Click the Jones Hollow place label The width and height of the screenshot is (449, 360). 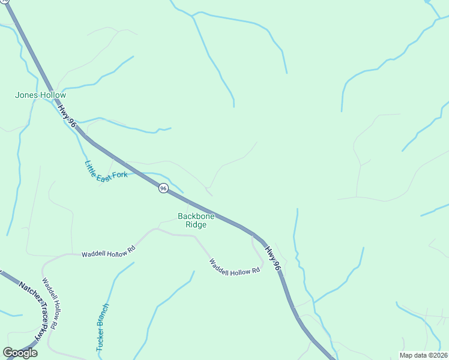[x=40, y=95]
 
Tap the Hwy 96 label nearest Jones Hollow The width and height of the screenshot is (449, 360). [x=67, y=115]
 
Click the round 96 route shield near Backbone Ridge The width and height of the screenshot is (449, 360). [x=163, y=188]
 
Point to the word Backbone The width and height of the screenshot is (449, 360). [x=196, y=216]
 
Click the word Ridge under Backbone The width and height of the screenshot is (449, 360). [x=196, y=224]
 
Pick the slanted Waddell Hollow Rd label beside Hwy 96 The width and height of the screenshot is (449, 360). [x=235, y=266]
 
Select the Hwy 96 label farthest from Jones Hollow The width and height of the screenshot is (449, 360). [x=274, y=260]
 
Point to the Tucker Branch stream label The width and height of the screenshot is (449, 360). [x=102, y=328]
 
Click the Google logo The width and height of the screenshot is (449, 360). [x=20, y=353]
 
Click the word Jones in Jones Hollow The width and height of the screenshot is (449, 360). [x=27, y=95]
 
